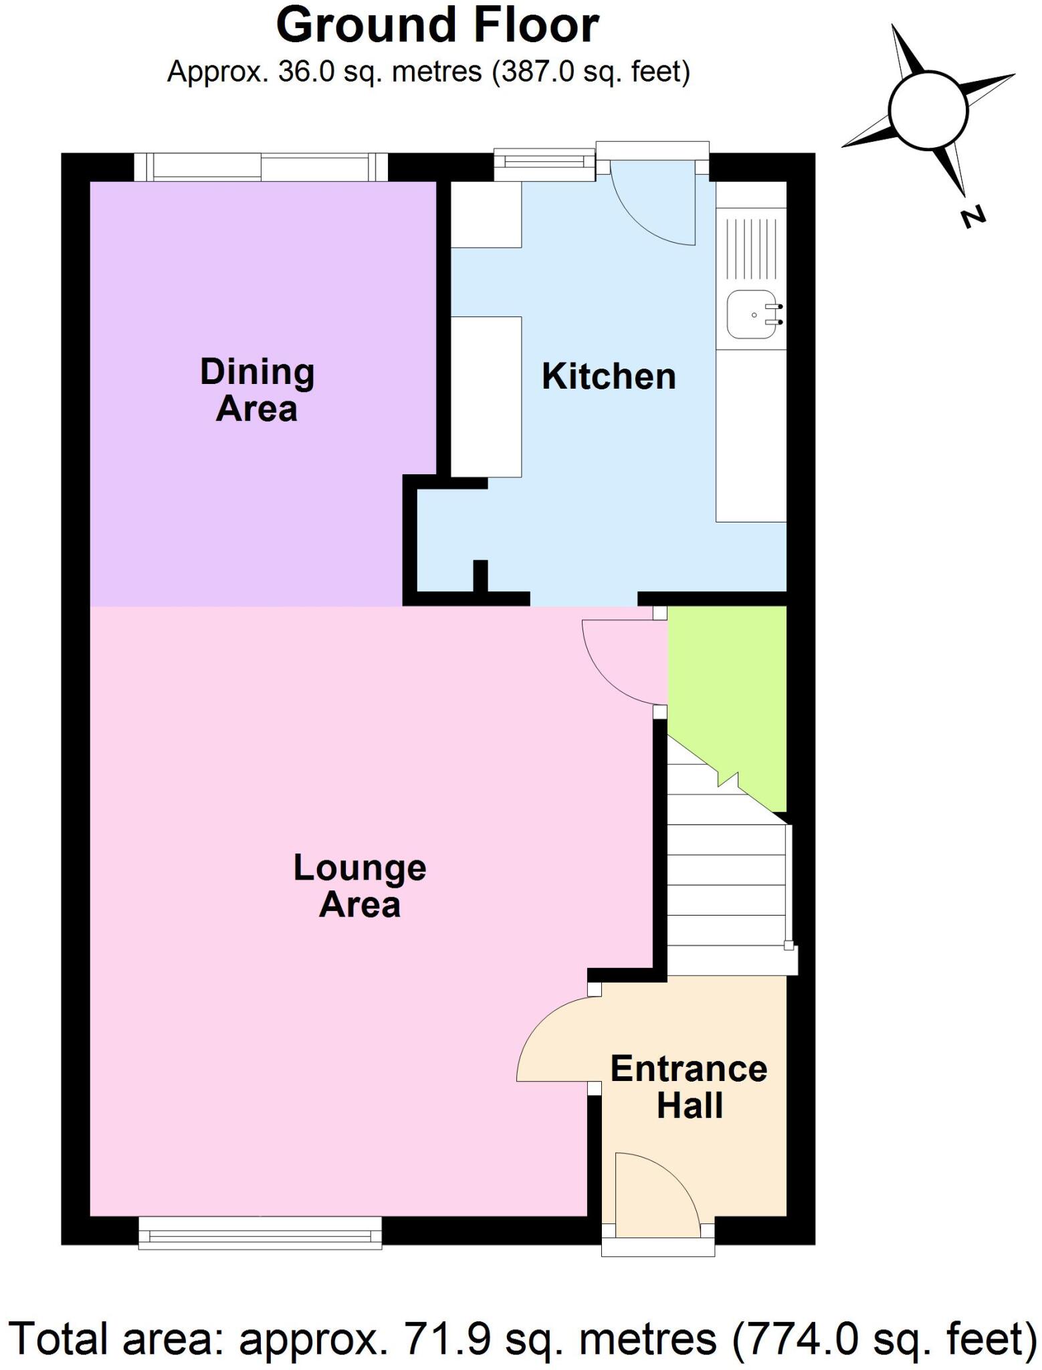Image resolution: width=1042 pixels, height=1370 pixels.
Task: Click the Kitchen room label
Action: (608, 377)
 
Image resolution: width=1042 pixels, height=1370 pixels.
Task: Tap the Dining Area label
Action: (257, 390)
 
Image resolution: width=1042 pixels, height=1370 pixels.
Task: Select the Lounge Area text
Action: (360, 886)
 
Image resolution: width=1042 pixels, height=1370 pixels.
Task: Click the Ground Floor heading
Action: (437, 25)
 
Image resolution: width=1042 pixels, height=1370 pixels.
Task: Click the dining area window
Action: (261, 167)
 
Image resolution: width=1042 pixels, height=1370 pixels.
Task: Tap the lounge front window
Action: (260, 1232)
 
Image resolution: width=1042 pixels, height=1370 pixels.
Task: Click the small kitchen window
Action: (544, 163)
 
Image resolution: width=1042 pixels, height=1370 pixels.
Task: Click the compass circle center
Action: (928, 110)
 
